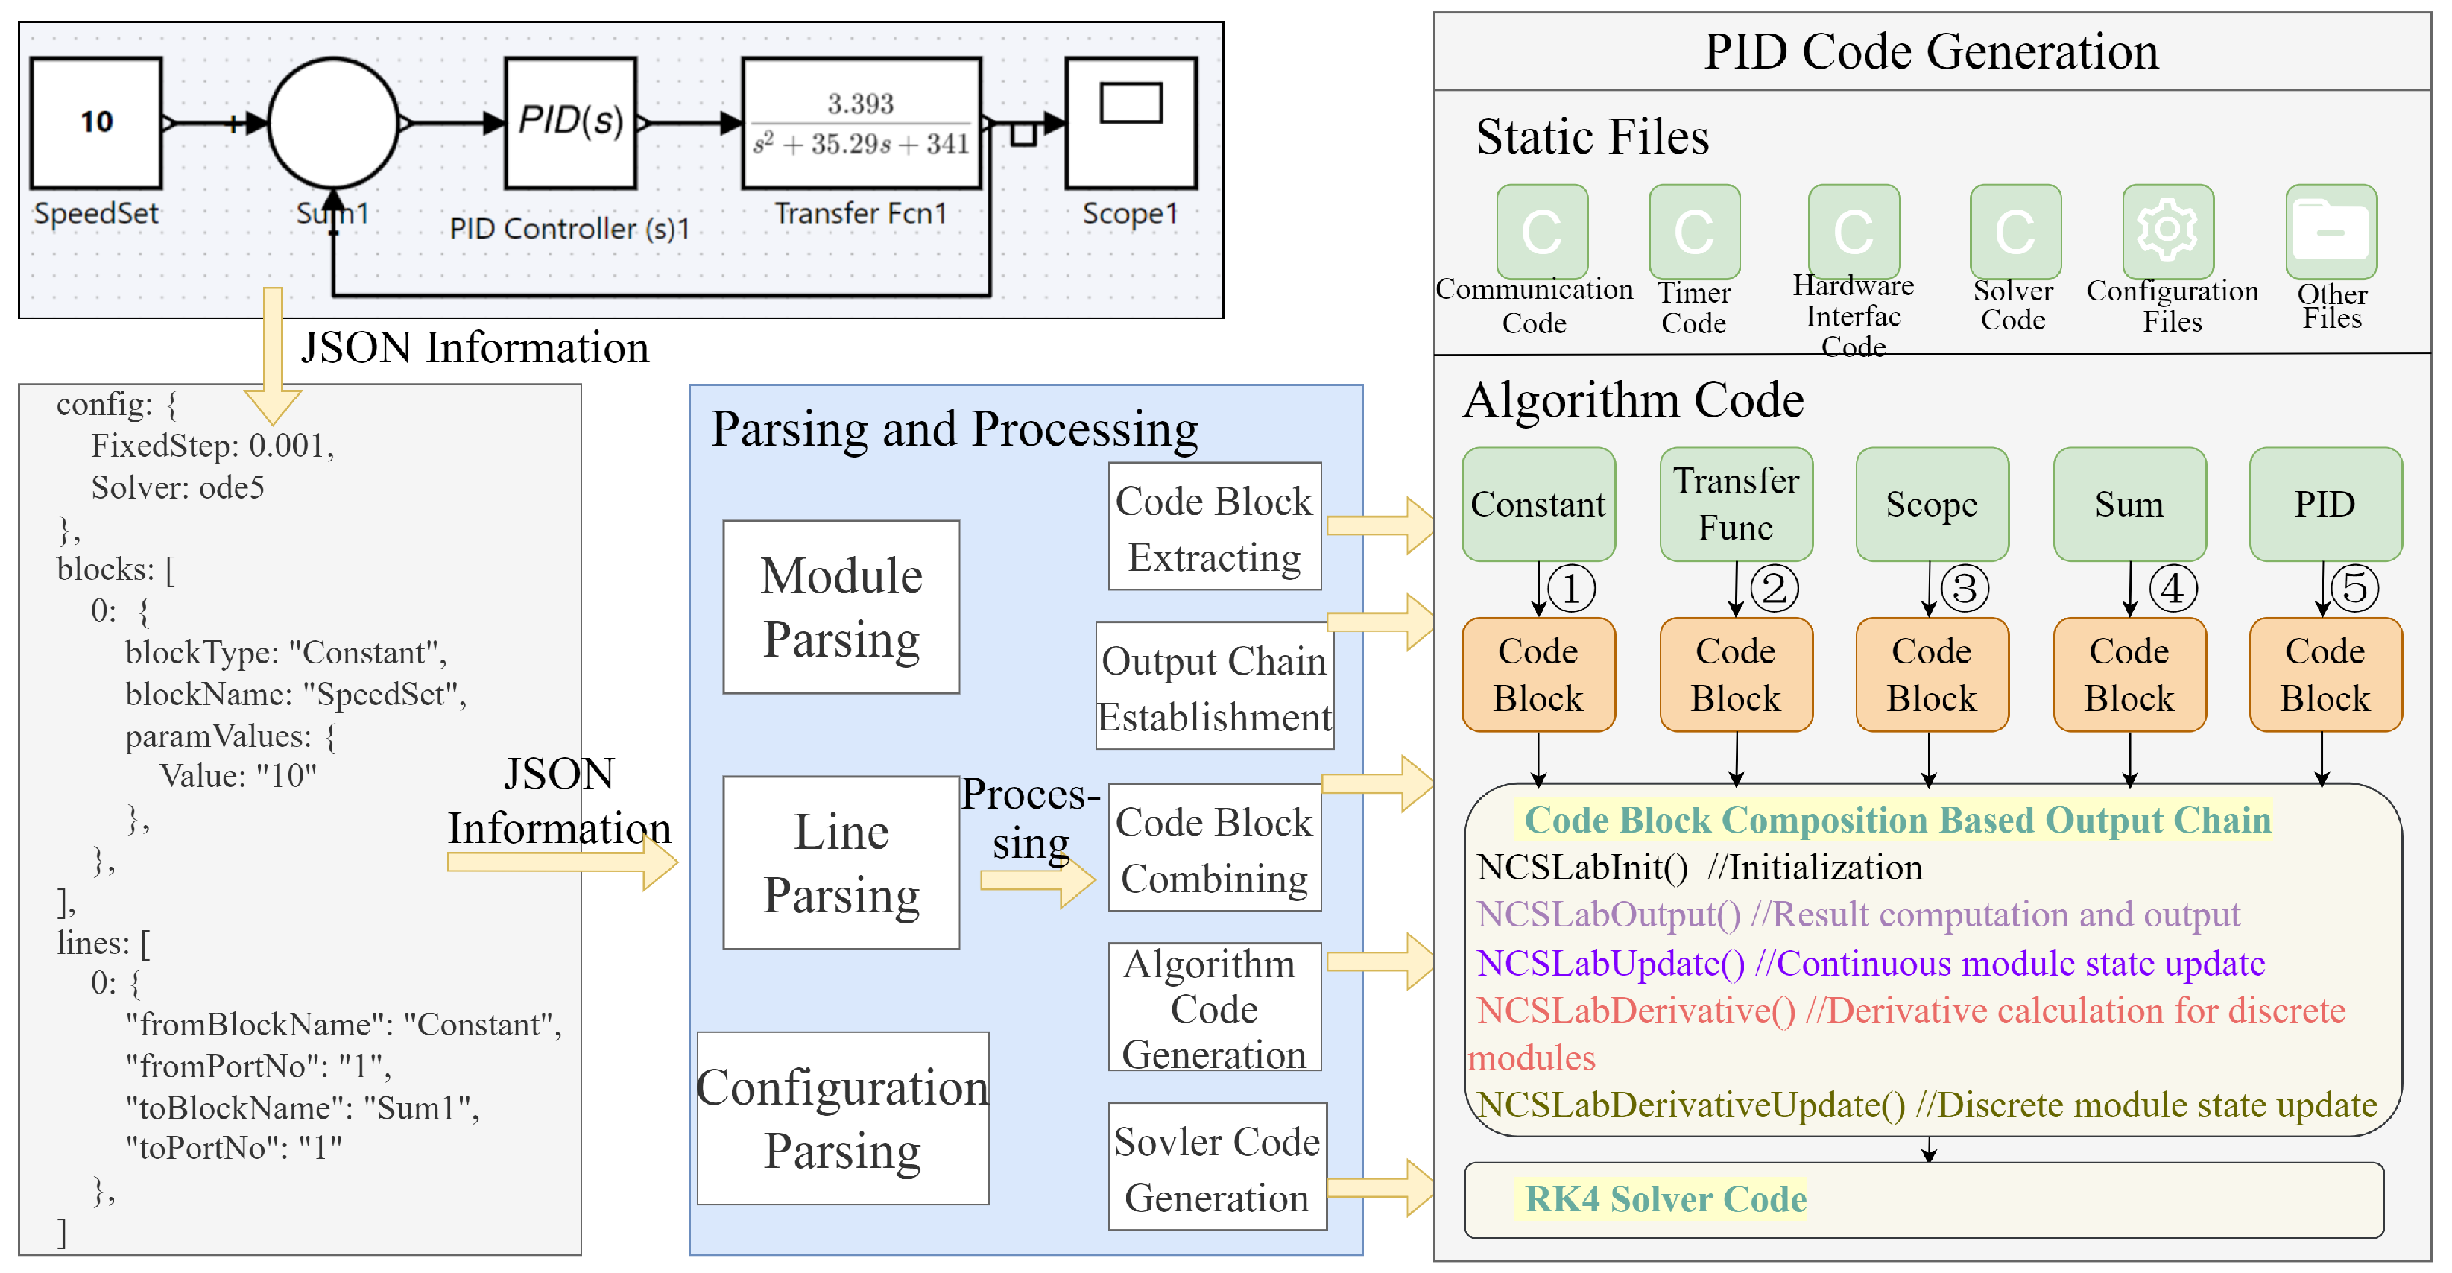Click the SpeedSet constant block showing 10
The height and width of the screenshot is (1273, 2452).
click(96, 123)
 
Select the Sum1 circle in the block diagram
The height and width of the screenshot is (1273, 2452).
click(333, 123)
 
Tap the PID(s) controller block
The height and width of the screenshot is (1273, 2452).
click(570, 123)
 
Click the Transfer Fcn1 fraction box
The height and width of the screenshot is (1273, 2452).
click(861, 123)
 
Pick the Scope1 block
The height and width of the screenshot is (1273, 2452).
click(1130, 123)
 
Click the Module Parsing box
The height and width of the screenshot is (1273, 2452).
click(841, 607)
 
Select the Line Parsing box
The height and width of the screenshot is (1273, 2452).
click(841, 862)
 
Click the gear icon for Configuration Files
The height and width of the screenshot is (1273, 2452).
click(2167, 230)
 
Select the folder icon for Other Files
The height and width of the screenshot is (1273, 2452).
click(2331, 230)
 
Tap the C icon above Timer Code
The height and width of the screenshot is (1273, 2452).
click(1693, 231)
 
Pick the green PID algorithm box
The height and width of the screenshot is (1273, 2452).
click(2325, 504)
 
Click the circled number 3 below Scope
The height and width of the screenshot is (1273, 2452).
click(1965, 588)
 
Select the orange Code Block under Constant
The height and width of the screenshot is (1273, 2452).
click(1538, 674)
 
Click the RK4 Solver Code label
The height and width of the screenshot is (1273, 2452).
click(1665, 1198)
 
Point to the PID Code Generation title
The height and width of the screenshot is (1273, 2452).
click(1930, 51)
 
